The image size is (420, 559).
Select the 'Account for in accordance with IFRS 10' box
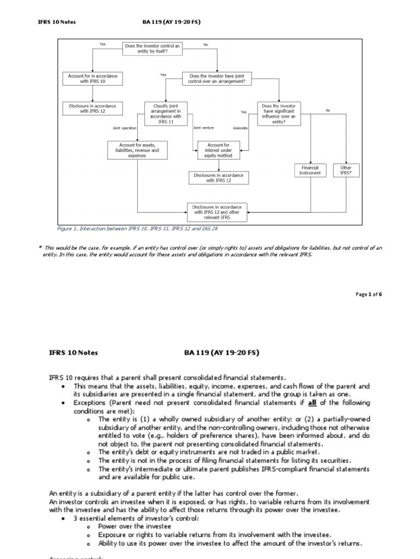click(92, 79)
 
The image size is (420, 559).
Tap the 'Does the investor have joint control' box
click(217, 79)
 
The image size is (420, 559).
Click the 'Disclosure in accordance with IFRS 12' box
click(92, 108)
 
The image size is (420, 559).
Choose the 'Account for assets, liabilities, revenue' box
click(137, 150)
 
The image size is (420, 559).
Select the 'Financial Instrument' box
click(310, 170)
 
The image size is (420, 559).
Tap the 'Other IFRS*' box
click(346, 170)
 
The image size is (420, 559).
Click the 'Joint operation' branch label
click(124, 128)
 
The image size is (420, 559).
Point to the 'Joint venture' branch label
click(203, 128)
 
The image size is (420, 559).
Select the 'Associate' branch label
click(240, 128)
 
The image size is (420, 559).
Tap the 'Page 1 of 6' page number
click(369, 294)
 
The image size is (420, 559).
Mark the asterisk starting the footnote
click(40, 248)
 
